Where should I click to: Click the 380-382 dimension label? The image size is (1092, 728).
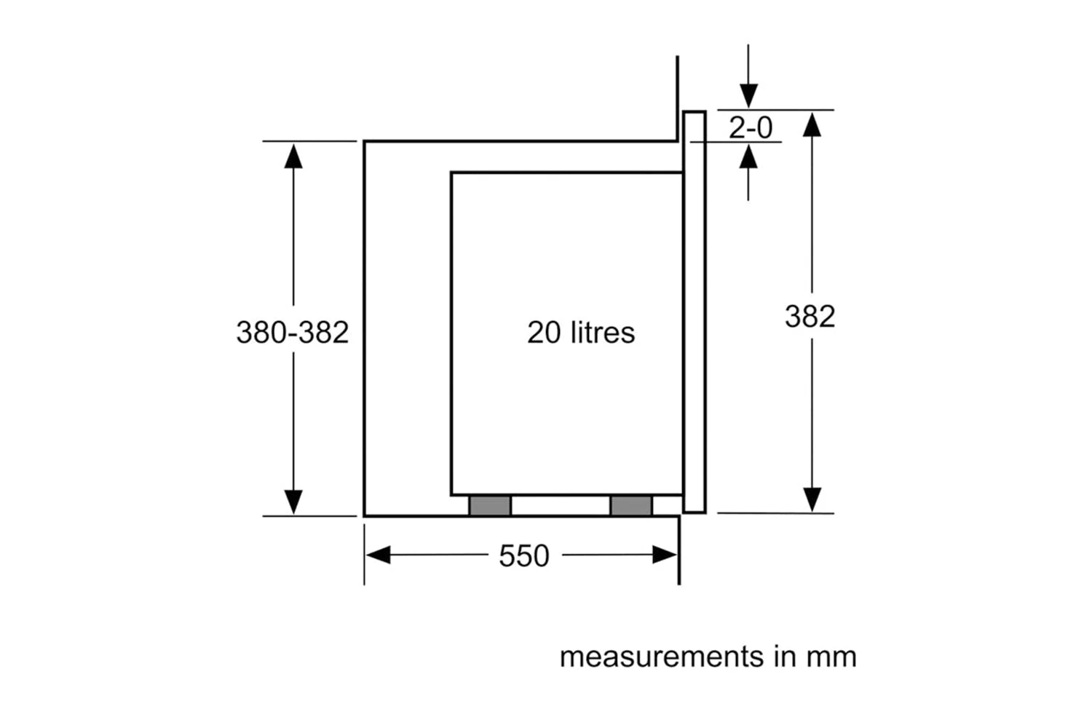pos(293,333)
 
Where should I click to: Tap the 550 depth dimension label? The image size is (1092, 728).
pos(524,555)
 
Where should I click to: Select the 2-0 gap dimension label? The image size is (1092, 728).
pos(751,127)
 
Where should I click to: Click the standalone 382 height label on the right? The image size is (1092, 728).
pos(810,316)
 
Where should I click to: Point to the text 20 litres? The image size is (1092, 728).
pos(581,333)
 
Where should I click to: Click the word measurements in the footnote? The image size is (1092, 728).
pos(662,657)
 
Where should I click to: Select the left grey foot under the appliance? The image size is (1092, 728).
pos(491,506)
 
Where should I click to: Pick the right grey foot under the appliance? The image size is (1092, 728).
pos(631,506)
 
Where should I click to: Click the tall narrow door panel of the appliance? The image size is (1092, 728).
pos(695,312)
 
